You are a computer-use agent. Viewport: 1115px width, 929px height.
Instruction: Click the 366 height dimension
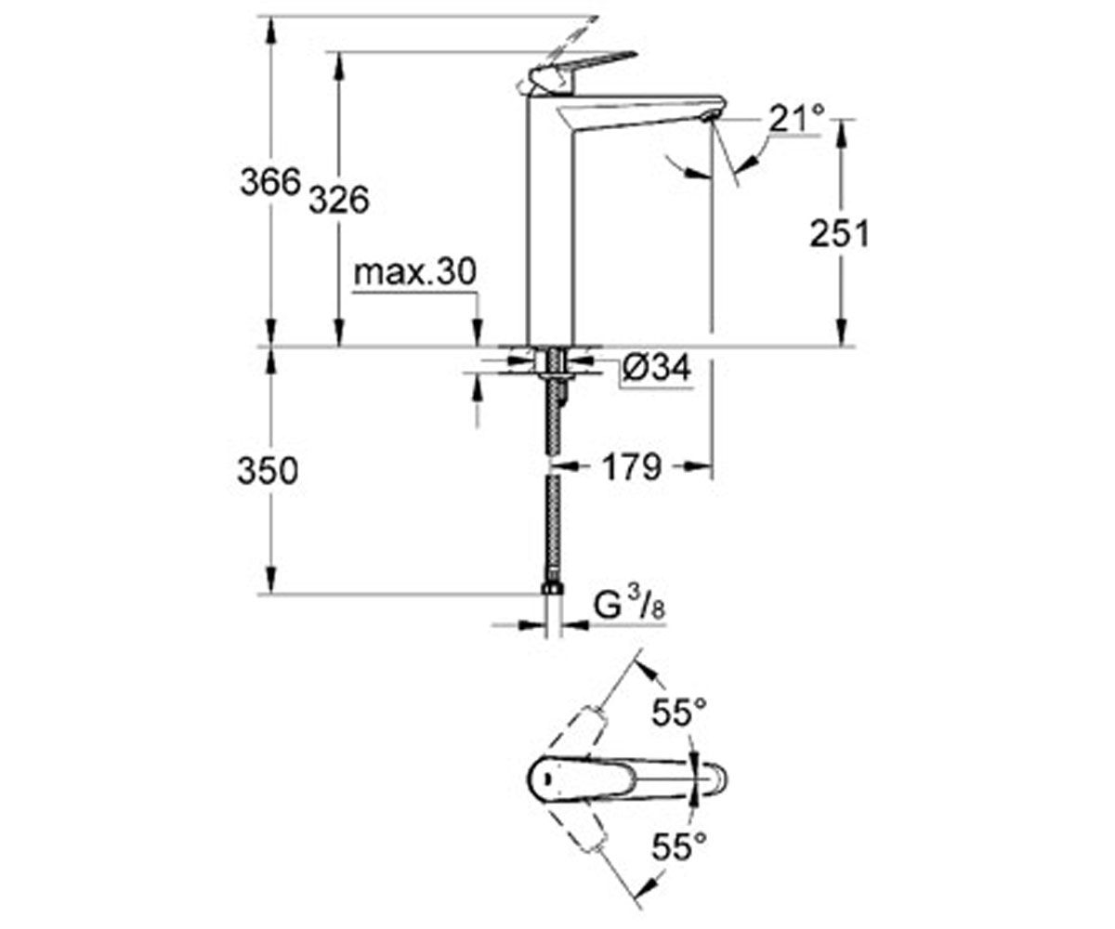pos(270,182)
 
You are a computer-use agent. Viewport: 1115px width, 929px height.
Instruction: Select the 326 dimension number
pos(340,201)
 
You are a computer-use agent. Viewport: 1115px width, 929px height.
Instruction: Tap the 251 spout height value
pos(839,233)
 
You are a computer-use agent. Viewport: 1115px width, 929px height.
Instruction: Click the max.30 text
pos(414,272)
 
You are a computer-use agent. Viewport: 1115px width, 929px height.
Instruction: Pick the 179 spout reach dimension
pos(632,467)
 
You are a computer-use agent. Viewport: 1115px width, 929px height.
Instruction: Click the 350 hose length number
pos(268,471)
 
